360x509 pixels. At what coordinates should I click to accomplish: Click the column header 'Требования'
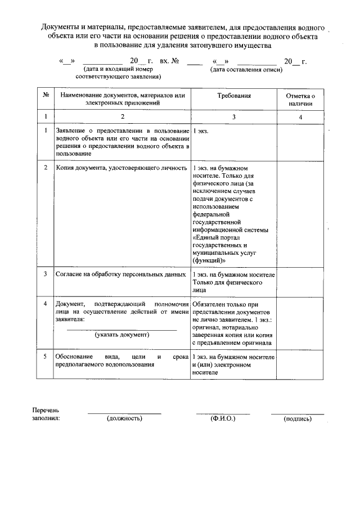coord(233,96)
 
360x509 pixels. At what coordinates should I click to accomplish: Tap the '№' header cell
coord(45,96)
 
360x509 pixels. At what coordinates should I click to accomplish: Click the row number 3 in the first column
coord(45,274)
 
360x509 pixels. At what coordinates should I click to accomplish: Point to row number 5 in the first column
coord(45,357)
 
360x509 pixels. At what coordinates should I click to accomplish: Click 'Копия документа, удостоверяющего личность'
coord(121,168)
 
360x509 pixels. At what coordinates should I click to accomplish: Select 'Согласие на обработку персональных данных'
coord(121,274)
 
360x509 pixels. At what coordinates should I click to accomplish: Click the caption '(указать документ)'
coord(122,335)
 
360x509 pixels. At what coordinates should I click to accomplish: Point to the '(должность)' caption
coord(124,418)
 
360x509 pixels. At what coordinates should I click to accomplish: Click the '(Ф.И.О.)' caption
coord(223,418)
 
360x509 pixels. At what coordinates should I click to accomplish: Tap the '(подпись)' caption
coord(298,419)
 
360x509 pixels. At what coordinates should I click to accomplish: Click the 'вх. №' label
coord(169,61)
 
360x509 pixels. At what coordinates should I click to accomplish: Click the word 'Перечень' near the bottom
coord(46,410)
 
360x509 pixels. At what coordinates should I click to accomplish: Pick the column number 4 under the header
coord(300,116)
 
